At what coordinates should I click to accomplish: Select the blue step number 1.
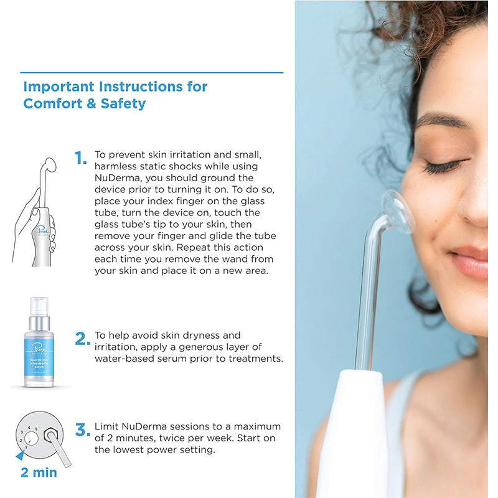80,159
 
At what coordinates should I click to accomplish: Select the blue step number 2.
82,339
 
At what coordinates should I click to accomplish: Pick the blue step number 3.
82,430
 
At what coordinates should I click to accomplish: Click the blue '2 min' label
39,472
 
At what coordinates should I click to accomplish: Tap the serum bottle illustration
39,344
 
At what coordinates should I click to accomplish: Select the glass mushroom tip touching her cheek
397,212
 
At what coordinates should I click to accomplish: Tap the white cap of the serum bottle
39,304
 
